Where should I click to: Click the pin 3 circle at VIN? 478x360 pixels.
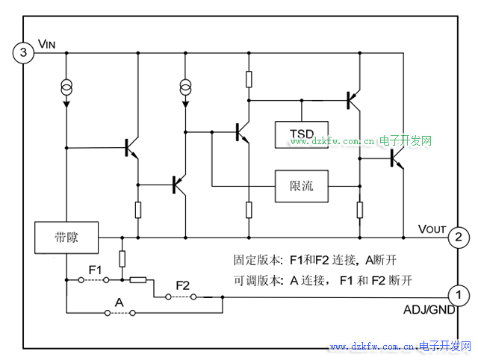[x=23, y=53]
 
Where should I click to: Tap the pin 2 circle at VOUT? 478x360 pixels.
[x=458, y=238]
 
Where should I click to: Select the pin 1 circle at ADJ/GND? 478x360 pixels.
[x=458, y=294]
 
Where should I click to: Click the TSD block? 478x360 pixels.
[x=301, y=133]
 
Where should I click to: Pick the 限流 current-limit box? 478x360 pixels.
[x=301, y=186]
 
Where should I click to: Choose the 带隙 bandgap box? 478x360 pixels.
[x=66, y=238]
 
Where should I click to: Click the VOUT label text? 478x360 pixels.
[x=432, y=228]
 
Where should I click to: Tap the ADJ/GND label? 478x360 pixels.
[x=429, y=310]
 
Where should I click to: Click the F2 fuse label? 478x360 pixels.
[x=183, y=285]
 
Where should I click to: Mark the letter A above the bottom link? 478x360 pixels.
[x=118, y=302]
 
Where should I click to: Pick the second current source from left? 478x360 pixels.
[x=185, y=89]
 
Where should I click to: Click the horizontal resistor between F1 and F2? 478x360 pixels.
[x=138, y=280]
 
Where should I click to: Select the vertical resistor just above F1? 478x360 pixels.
[x=122, y=258]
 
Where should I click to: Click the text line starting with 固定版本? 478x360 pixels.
[x=323, y=261]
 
